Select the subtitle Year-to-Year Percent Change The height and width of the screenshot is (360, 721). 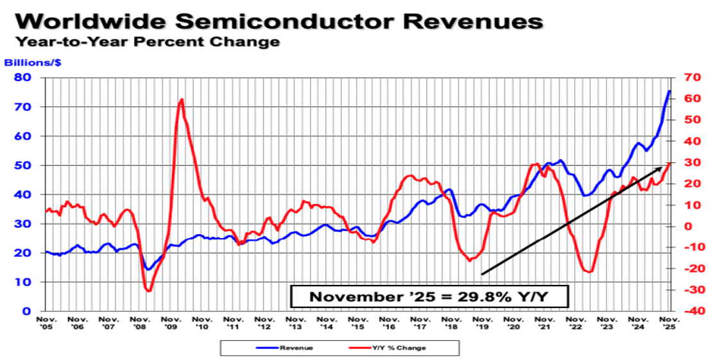pyautogui.click(x=147, y=43)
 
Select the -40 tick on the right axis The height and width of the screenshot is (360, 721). pyautogui.click(x=692, y=311)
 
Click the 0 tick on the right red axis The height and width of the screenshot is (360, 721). pyautogui.click(x=688, y=226)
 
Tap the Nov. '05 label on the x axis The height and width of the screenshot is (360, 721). pyautogui.click(x=46, y=322)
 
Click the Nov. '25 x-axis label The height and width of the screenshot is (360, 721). pyautogui.click(x=669, y=322)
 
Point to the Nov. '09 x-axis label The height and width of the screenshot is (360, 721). pyautogui.click(x=171, y=322)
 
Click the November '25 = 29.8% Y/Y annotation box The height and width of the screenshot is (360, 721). pyautogui.click(x=428, y=296)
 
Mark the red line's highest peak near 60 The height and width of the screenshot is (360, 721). pyautogui.click(x=182, y=99)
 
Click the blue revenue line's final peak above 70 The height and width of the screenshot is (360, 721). pyautogui.click(x=669, y=90)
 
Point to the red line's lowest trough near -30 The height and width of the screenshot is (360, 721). pyautogui.click(x=149, y=291)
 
